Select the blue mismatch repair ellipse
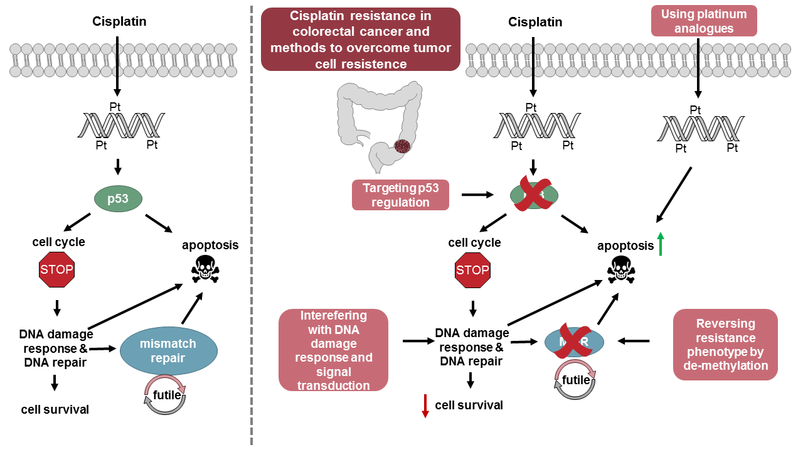coord(168,351)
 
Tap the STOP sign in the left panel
coord(57,271)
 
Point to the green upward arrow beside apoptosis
coord(661,243)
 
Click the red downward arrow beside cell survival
coord(425,406)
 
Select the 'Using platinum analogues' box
coord(704,21)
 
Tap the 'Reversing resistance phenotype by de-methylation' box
coord(725,344)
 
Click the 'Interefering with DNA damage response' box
coord(334,350)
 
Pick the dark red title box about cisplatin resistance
coord(360,39)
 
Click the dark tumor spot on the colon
coord(401,146)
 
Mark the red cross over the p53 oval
coord(533,195)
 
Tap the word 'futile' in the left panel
coord(167,395)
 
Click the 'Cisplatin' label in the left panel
coord(119,22)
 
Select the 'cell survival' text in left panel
coord(55,410)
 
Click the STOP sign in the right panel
coord(472,271)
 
